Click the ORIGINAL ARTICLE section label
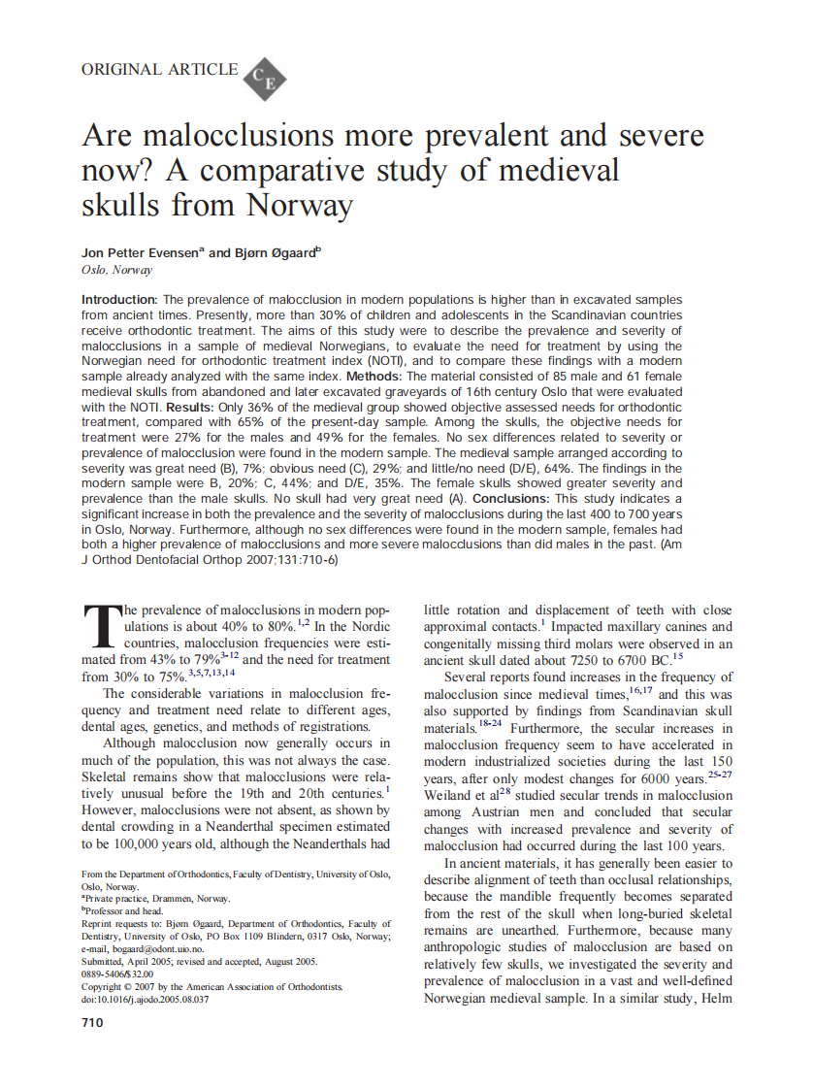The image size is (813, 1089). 159,69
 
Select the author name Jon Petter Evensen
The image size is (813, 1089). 141,253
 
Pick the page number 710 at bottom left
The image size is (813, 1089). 92,1024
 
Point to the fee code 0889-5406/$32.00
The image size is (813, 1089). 118,973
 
